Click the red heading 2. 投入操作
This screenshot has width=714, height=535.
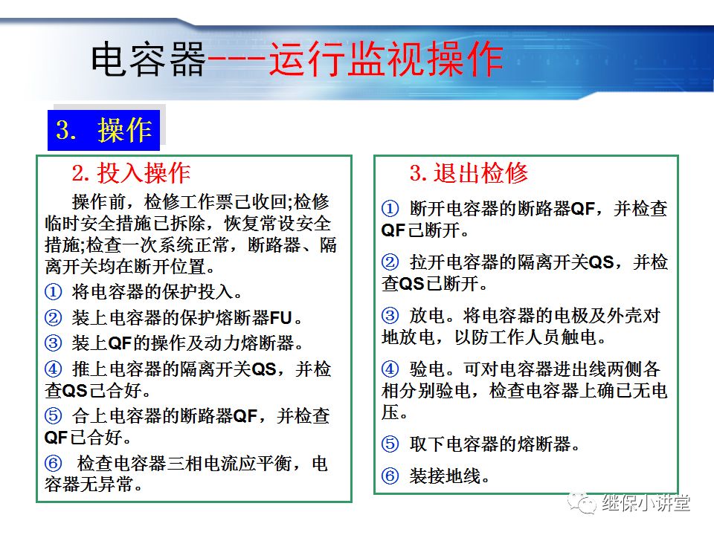132,173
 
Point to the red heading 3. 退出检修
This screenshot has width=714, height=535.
469,173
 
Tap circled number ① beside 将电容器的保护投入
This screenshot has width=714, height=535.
53,293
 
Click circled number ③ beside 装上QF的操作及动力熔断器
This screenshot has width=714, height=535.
53,343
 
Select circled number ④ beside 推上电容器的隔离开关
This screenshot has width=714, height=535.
53,369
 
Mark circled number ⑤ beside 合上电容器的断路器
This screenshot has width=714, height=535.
53,416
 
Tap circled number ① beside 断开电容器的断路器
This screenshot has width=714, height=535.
390,209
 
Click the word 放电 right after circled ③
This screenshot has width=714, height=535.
425,316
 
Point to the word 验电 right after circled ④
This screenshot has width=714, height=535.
425,369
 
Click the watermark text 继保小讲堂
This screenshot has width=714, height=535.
646,503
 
